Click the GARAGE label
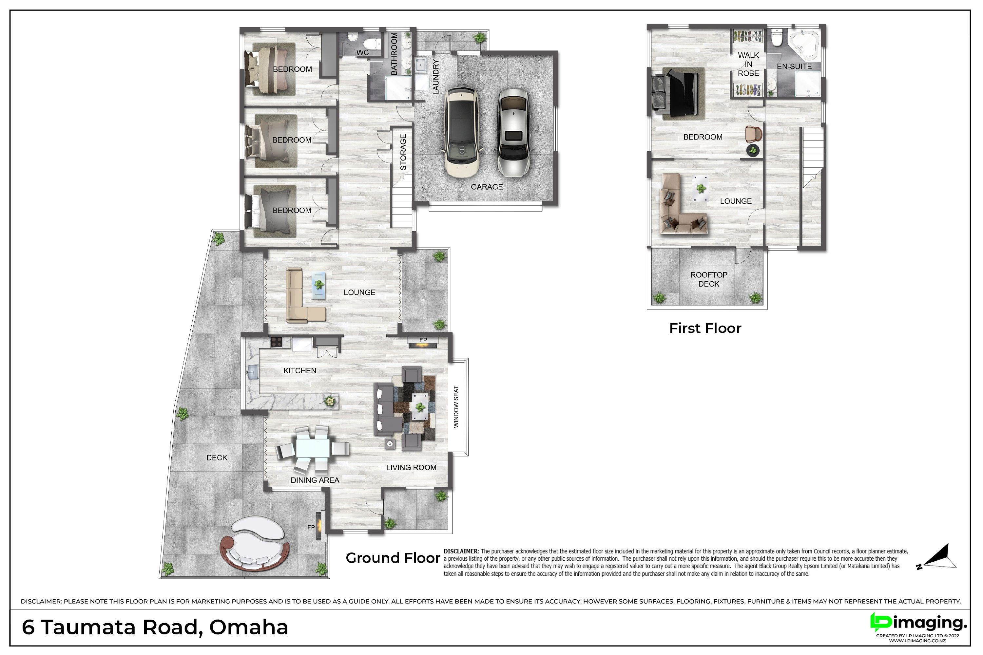point(487,187)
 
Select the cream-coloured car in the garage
point(463,132)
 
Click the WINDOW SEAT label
point(456,406)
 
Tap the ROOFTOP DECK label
point(709,279)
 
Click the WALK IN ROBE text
point(748,64)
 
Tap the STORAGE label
point(403,152)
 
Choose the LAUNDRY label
point(435,77)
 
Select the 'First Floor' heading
point(705,328)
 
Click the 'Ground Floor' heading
point(393,558)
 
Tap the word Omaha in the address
point(249,627)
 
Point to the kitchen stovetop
point(276,342)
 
